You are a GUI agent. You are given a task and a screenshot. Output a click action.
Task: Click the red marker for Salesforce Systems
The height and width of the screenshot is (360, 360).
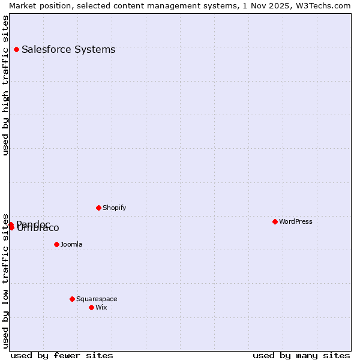(16, 49)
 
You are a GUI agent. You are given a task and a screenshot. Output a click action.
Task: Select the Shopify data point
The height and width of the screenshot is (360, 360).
(98, 208)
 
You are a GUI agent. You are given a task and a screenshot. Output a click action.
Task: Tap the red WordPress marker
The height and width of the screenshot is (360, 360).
(275, 221)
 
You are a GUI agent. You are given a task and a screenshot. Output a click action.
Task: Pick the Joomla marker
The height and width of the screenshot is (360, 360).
(56, 244)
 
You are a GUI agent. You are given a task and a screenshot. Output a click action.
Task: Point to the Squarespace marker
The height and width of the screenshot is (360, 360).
(72, 299)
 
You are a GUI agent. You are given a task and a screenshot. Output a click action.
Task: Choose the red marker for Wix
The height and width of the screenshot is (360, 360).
(91, 307)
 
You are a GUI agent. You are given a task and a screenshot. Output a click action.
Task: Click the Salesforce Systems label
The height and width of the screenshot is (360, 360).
(68, 49)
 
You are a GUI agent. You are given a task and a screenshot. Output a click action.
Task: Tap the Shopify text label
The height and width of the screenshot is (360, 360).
(114, 208)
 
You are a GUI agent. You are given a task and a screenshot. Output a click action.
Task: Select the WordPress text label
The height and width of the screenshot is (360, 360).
(296, 221)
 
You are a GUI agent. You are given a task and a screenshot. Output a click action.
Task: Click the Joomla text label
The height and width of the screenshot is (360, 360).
(71, 244)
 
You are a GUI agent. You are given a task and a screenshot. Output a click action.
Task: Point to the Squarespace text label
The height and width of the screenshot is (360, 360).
(97, 299)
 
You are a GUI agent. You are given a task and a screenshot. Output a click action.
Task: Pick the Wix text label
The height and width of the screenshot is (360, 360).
(101, 307)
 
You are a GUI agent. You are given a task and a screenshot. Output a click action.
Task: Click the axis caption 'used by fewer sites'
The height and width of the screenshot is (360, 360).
(62, 355)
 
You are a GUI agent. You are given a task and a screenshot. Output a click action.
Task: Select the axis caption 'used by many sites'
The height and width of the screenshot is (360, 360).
(301, 355)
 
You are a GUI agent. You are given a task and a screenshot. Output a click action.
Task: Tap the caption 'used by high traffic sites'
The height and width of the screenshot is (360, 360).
(5, 85)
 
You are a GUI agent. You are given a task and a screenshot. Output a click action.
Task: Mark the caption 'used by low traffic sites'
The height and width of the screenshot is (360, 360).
(5, 280)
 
